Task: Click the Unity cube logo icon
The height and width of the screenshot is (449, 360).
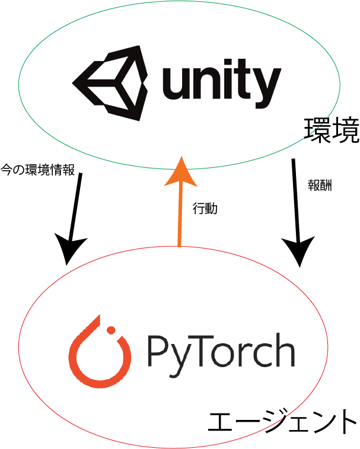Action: [x=110, y=83]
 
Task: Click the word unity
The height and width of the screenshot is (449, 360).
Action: [x=222, y=84]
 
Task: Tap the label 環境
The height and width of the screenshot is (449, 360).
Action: [x=332, y=130]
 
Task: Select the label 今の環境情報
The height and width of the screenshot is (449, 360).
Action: [x=37, y=170]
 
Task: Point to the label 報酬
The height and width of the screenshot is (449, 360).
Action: [x=320, y=186]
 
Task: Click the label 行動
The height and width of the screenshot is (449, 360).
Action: [x=205, y=208]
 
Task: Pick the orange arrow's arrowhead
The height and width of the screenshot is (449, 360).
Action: [x=181, y=171]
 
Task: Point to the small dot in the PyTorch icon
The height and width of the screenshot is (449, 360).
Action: [x=111, y=330]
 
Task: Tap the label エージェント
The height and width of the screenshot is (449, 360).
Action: [x=282, y=422]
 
